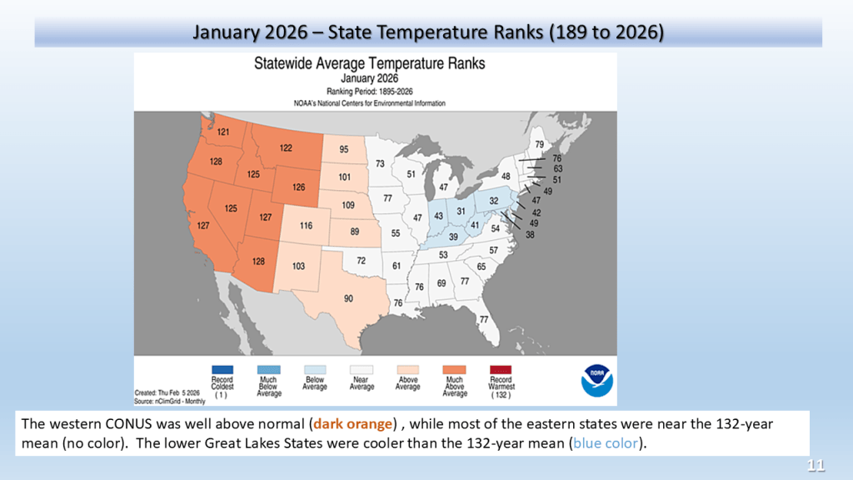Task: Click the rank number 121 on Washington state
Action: click(x=223, y=132)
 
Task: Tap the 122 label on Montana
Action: click(x=286, y=148)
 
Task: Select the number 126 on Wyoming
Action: click(x=299, y=187)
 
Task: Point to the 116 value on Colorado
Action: click(x=306, y=225)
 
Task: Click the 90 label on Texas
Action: click(x=348, y=298)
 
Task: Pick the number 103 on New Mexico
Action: click(x=298, y=266)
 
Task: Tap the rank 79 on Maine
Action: click(x=539, y=144)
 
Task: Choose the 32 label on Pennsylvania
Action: click(x=493, y=201)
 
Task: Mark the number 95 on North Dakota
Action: click(x=344, y=149)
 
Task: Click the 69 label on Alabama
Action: click(x=441, y=283)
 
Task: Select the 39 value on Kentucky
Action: click(x=453, y=237)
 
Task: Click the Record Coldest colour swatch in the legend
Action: click(x=222, y=370)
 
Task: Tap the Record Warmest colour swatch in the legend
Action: click(x=501, y=370)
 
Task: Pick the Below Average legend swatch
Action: click(x=315, y=370)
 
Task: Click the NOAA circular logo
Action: click(x=596, y=380)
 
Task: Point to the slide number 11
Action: click(x=816, y=465)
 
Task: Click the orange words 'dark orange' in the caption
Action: click(x=352, y=424)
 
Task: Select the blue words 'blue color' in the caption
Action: click(x=606, y=443)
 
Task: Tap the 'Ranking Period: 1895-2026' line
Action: click(x=369, y=92)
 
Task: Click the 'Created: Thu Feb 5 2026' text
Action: click(x=167, y=392)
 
